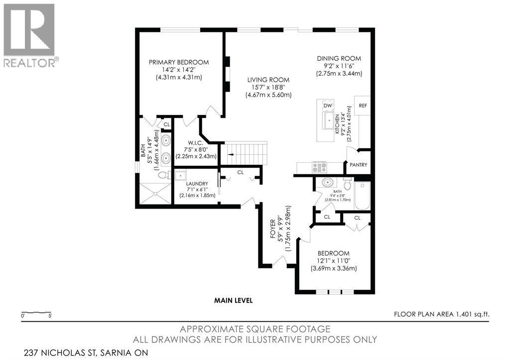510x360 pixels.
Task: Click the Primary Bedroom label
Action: [x=179, y=62]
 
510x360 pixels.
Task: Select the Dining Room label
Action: [x=339, y=59]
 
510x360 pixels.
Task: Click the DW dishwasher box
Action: [x=328, y=106]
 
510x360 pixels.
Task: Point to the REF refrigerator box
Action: [x=362, y=106]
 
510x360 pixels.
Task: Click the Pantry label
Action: [x=358, y=165]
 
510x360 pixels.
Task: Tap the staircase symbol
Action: [x=247, y=153]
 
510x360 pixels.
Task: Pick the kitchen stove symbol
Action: [x=319, y=168]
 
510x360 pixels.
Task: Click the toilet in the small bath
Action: [x=348, y=184]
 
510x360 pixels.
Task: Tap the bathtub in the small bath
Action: [x=362, y=196]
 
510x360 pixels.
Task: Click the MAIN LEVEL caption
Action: [x=233, y=300]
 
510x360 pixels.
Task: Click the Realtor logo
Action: [x=29, y=35]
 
